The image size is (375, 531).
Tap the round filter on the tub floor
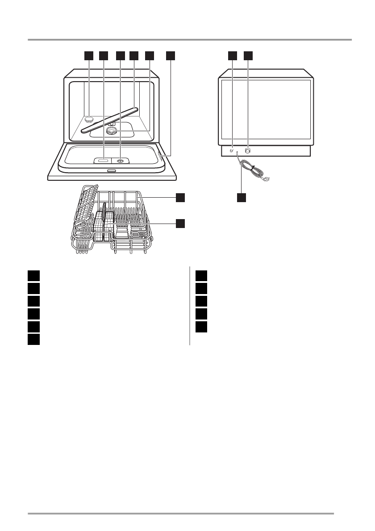coord(111,130)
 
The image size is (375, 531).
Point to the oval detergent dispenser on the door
coord(103,160)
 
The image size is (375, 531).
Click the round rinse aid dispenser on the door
coord(120,161)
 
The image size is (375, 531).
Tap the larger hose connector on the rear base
coord(248,151)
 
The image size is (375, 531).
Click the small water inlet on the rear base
coord(231,151)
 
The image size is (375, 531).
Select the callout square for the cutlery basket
coord(180,223)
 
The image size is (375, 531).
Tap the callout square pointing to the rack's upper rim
coord(180,197)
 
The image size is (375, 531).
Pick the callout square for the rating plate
coord(171,55)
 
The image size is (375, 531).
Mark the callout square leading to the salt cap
coord(89,55)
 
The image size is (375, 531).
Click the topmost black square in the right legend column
coord(201,275)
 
